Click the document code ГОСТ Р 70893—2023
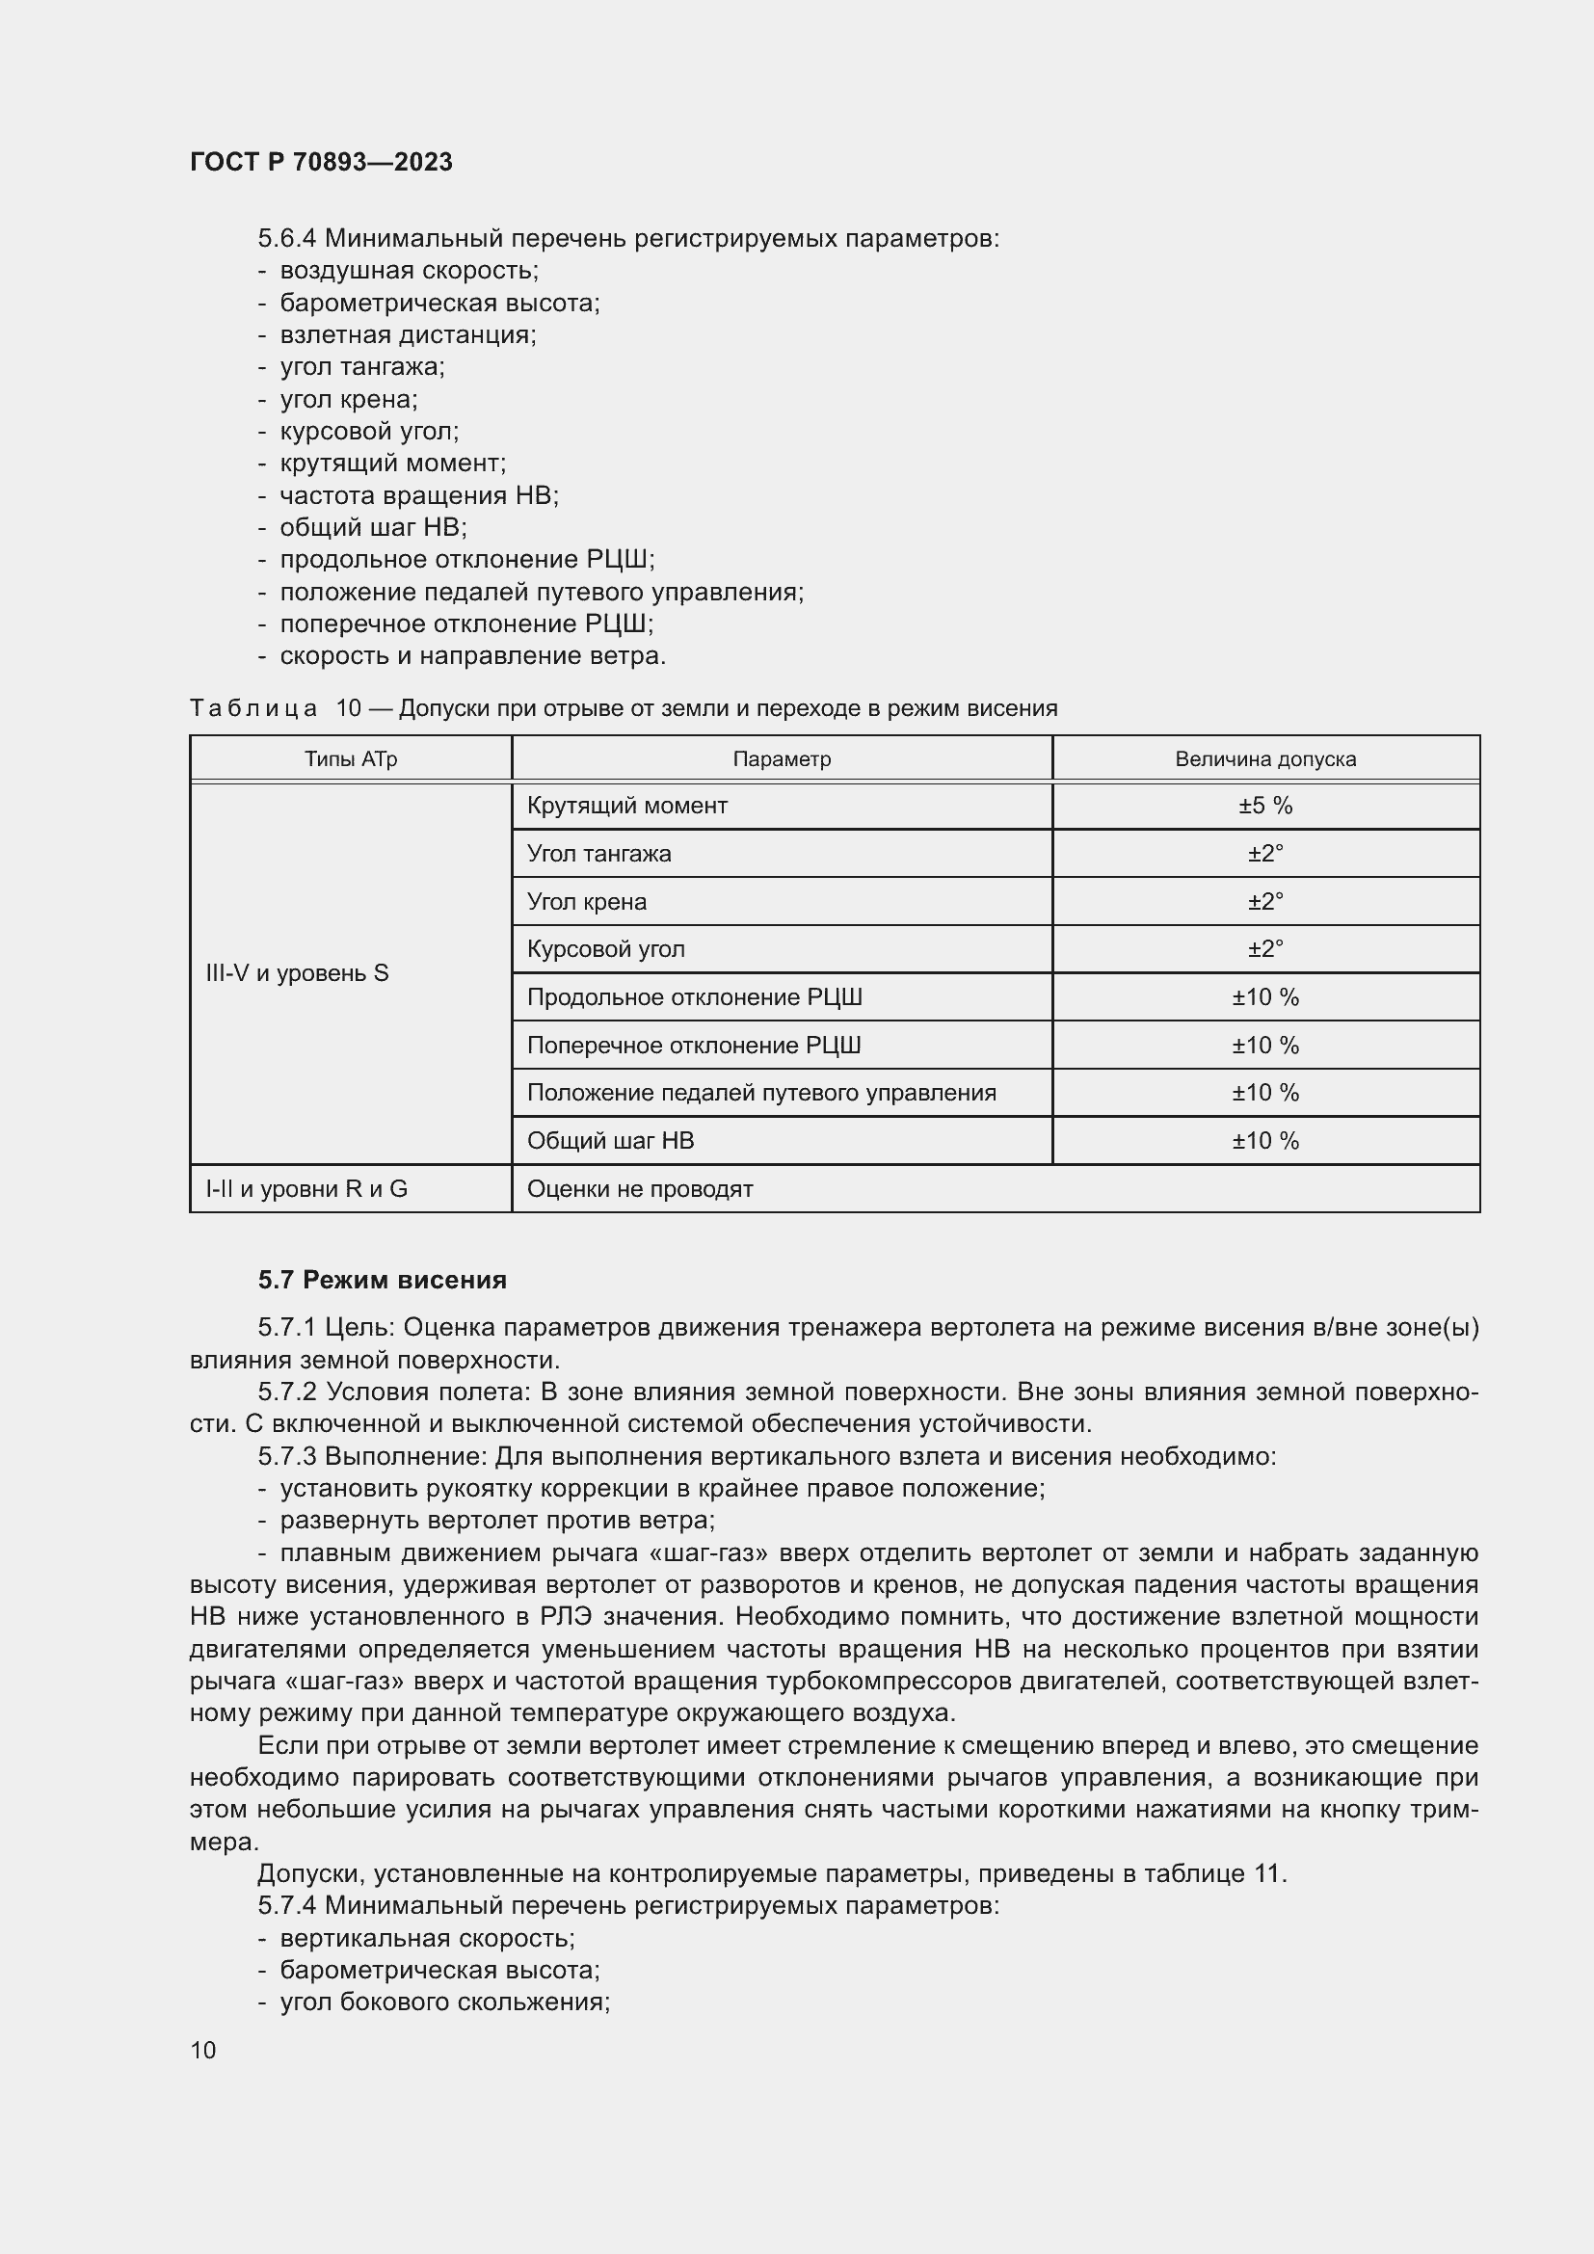pyautogui.click(x=321, y=162)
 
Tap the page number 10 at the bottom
pyautogui.click(x=203, y=2050)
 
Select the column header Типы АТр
pyautogui.click(x=351, y=758)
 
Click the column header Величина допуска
pyautogui.click(x=1264, y=758)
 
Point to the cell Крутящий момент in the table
pyautogui.click(x=626, y=806)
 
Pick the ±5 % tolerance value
pyautogui.click(x=1264, y=806)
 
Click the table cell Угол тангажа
pyautogui.click(x=598, y=854)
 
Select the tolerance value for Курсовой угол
pyautogui.click(x=1264, y=949)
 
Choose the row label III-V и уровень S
pyautogui.click(x=298, y=973)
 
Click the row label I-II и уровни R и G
pyautogui.click(x=306, y=1189)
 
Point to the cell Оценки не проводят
pyautogui.click(x=640, y=1189)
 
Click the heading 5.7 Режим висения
pyautogui.click(x=382, y=1280)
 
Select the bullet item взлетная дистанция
pyautogui.click(x=408, y=334)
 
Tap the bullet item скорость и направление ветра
pyautogui.click(x=472, y=656)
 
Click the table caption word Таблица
pyautogui.click(x=253, y=708)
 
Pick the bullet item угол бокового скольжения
pyautogui.click(x=444, y=2002)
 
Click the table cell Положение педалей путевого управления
pyautogui.click(x=760, y=1093)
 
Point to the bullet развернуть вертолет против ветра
pyautogui.click(x=496, y=1520)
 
